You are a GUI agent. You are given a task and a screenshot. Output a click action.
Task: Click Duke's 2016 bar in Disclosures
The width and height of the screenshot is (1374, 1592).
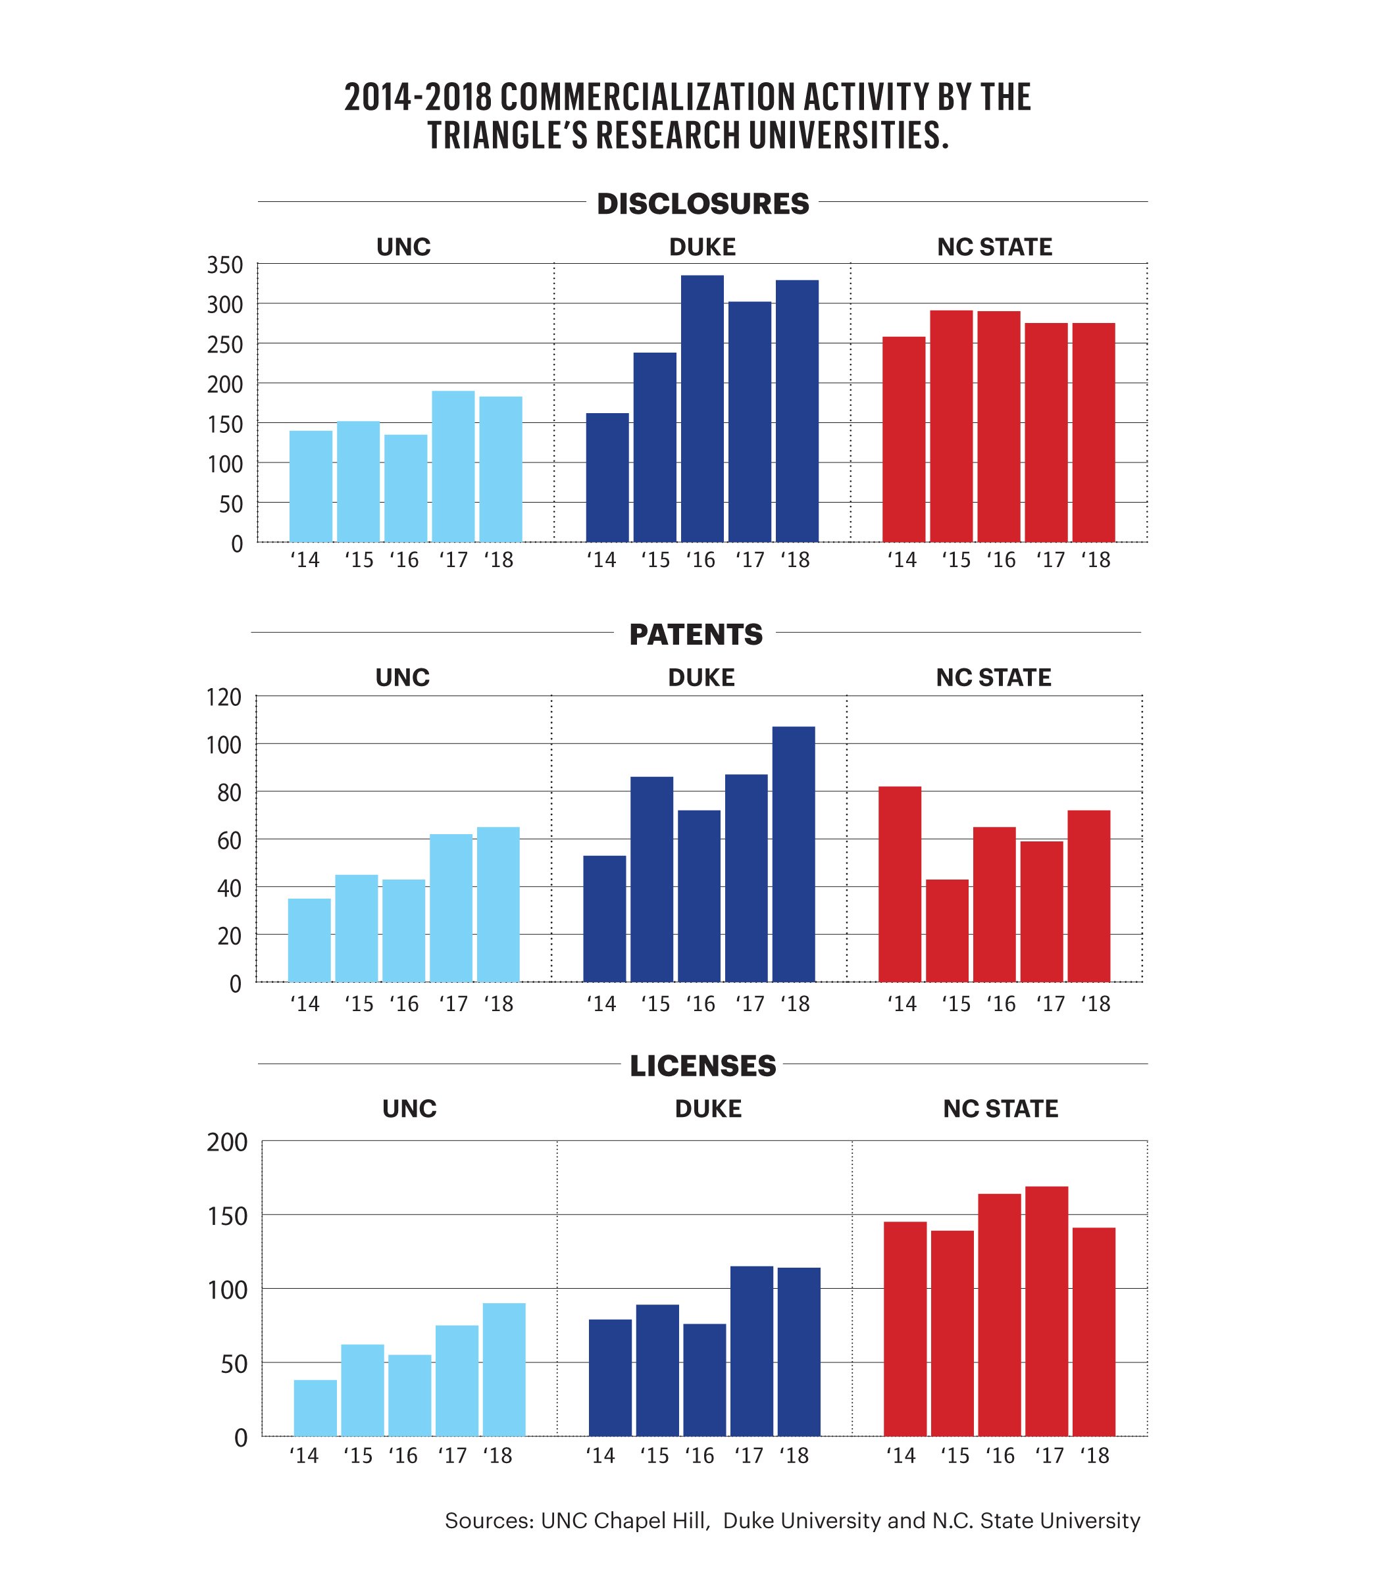701,408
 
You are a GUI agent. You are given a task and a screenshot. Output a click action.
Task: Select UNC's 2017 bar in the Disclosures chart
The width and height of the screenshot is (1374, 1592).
453,466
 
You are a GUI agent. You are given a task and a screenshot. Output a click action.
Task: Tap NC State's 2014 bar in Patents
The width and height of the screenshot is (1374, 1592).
899,883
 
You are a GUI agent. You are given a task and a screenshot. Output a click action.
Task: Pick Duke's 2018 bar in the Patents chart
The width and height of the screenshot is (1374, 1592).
793,854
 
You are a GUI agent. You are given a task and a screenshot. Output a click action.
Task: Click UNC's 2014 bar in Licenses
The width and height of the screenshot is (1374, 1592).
315,1408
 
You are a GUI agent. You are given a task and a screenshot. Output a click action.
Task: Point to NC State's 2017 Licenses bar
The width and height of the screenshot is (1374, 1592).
1046,1311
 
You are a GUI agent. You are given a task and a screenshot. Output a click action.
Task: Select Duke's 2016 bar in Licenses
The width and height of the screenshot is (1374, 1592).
704,1379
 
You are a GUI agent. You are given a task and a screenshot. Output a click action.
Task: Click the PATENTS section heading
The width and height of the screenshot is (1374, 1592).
696,635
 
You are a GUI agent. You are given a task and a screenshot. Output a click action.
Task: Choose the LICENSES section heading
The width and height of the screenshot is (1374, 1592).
702,1066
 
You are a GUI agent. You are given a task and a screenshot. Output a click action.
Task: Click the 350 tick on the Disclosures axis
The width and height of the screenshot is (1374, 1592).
224,266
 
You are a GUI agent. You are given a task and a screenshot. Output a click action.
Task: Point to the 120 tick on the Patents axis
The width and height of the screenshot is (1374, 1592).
224,698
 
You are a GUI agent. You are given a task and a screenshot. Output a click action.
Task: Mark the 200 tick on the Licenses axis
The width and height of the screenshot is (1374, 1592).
228,1143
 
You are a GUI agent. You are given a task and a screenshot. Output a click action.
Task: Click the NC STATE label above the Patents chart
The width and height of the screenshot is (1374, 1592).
993,678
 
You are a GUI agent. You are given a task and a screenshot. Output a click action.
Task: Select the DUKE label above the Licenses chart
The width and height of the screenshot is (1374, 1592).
708,1108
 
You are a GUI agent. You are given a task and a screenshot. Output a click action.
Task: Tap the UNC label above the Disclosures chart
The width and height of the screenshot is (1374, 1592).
403,247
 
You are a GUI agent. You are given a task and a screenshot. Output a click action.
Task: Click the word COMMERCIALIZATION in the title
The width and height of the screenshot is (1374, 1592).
646,97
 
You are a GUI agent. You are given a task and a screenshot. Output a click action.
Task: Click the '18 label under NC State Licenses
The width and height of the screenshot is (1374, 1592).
1094,1456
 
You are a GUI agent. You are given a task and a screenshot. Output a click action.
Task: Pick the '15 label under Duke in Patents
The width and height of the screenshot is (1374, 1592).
655,1005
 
